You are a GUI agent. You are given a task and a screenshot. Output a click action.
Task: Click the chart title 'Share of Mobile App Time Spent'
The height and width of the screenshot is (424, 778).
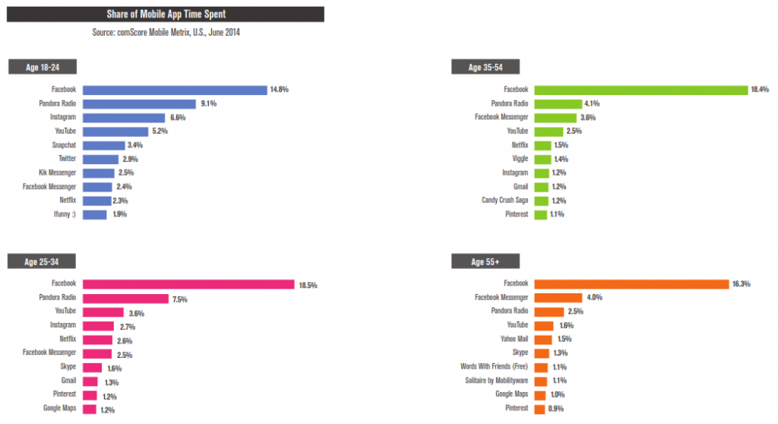point(166,14)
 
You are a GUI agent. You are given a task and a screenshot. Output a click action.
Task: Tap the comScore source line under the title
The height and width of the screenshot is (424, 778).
point(166,33)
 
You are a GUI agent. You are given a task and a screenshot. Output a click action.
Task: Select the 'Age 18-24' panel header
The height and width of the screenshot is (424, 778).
point(43,67)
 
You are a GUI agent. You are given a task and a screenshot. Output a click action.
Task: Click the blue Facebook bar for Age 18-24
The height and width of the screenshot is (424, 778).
point(174,90)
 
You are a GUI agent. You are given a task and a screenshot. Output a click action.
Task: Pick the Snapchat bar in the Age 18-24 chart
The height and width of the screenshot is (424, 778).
point(103,145)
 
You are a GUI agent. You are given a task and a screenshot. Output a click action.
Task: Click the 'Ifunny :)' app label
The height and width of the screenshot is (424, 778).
point(63,214)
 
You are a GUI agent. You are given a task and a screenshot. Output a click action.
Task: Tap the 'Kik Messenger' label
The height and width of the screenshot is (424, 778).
point(58,172)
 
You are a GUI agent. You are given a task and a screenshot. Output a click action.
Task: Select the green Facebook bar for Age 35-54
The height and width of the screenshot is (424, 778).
point(641,90)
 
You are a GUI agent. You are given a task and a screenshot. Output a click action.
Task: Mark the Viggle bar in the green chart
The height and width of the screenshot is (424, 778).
point(542,159)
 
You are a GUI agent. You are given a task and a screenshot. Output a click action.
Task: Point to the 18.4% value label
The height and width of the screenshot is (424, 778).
point(761,90)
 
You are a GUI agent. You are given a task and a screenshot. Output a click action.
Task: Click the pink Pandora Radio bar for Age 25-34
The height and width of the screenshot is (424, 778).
point(125,299)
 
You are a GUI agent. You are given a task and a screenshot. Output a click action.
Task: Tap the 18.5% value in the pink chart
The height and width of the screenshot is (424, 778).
point(307,285)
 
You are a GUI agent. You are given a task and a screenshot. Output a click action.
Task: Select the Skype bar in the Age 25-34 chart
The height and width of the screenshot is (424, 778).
point(91,368)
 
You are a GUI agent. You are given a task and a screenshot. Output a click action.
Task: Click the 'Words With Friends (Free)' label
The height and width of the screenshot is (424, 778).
point(495,367)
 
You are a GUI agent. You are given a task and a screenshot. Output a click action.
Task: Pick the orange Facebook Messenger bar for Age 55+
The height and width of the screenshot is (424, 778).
point(557,298)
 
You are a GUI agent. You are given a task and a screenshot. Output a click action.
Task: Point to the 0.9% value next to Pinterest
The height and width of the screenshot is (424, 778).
point(557,410)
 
